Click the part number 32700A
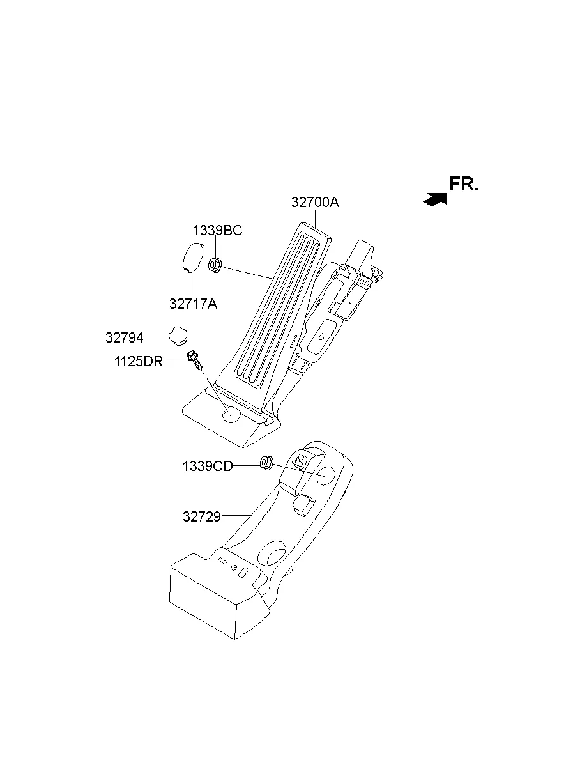(315, 203)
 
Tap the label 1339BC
(218, 231)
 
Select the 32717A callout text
(193, 304)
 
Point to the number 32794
(125, 337)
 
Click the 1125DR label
(139, 362)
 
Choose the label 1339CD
(208, 467)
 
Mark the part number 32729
(202, 516)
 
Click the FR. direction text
(464, 185)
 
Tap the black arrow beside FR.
(435, 199)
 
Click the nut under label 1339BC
(215, 263)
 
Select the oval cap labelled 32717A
(192, 259)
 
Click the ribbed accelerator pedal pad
(281, 307)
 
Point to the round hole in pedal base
(231, 415)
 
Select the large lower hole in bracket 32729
(274, 553)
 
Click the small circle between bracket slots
(234, 568)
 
